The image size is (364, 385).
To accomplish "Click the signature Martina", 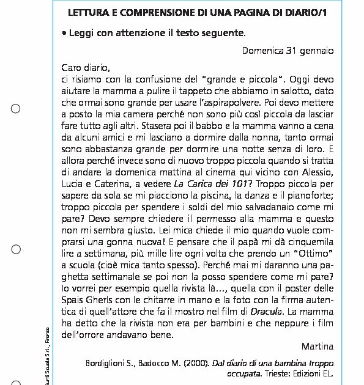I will [x=318, y=347].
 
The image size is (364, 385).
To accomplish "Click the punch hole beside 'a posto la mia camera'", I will [x=16, y=109].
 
